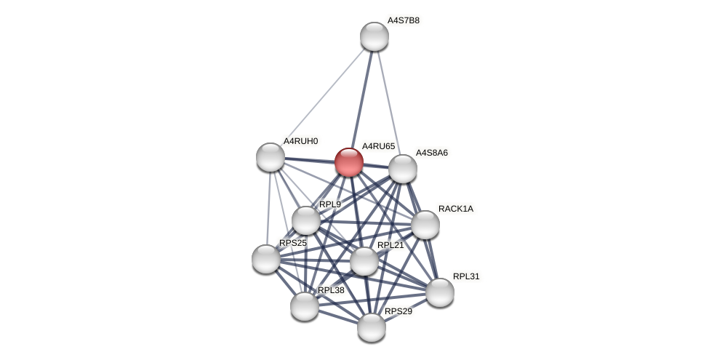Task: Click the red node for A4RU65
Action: click(x=349, y=162)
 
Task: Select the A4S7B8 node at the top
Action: click(x=374, y=36)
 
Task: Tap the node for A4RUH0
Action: click(x=271, y=157)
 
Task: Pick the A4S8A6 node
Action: click(x=403, y=169)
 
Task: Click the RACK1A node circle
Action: click(x=425, y=225)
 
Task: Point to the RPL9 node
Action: click(x=306, y=220)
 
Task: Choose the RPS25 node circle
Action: click(x=266, y=259)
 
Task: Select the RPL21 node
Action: click(x=364, y=261)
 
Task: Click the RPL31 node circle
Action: click(x=440, y=292)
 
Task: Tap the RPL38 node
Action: click(x=305, y=306)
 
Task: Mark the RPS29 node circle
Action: click(x=372, y=327)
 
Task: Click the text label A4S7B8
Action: click(x=403, y=20)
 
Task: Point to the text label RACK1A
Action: click(x=455, y=209)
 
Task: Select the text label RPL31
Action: click(x=466, y=276)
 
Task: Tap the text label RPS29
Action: click(x=398, y=311)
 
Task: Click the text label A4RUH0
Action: click(x=300, y=141)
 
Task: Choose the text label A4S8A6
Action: click(x=431, y=153)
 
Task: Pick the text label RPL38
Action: click(x=331, y=290)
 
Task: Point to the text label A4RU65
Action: click(x=378, y=146)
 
